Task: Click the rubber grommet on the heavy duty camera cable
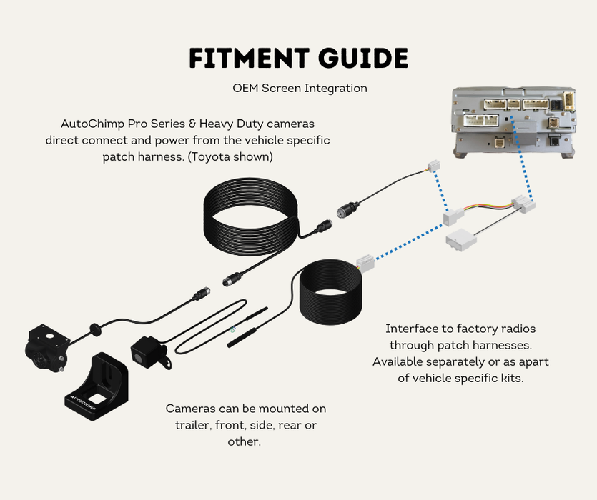pyautogui.click(x=94, y=329)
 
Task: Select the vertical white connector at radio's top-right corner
pyautogui.click(x=568, y=99)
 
